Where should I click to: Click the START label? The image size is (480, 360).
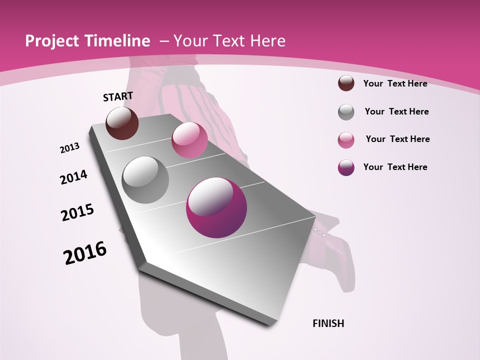(x=118, y=96)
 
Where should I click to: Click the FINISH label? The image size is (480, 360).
(x=328, y=323)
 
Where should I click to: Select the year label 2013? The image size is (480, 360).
(x=69, y=148)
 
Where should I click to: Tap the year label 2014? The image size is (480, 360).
(x=73, y=177)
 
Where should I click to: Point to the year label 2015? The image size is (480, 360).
(x=77, y=212)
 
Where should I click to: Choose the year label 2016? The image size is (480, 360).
(x=85, y=253)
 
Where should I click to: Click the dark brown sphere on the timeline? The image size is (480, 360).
(x=122, y=123)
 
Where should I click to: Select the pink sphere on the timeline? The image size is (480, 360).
(x=189, y=140)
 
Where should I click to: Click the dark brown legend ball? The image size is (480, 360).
(x=346, y=83)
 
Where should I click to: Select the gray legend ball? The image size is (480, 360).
(x=346, y=112)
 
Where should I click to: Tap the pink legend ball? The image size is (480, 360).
(x=346, y=140)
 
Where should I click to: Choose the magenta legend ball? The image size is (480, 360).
(x=346, y=167)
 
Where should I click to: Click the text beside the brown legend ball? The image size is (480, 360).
(x=395, y=83)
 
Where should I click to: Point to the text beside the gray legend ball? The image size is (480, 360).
(x=396, y=111)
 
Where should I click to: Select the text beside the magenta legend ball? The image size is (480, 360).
(x=395, y=167)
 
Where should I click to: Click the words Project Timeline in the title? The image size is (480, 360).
(x=87, y=41)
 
